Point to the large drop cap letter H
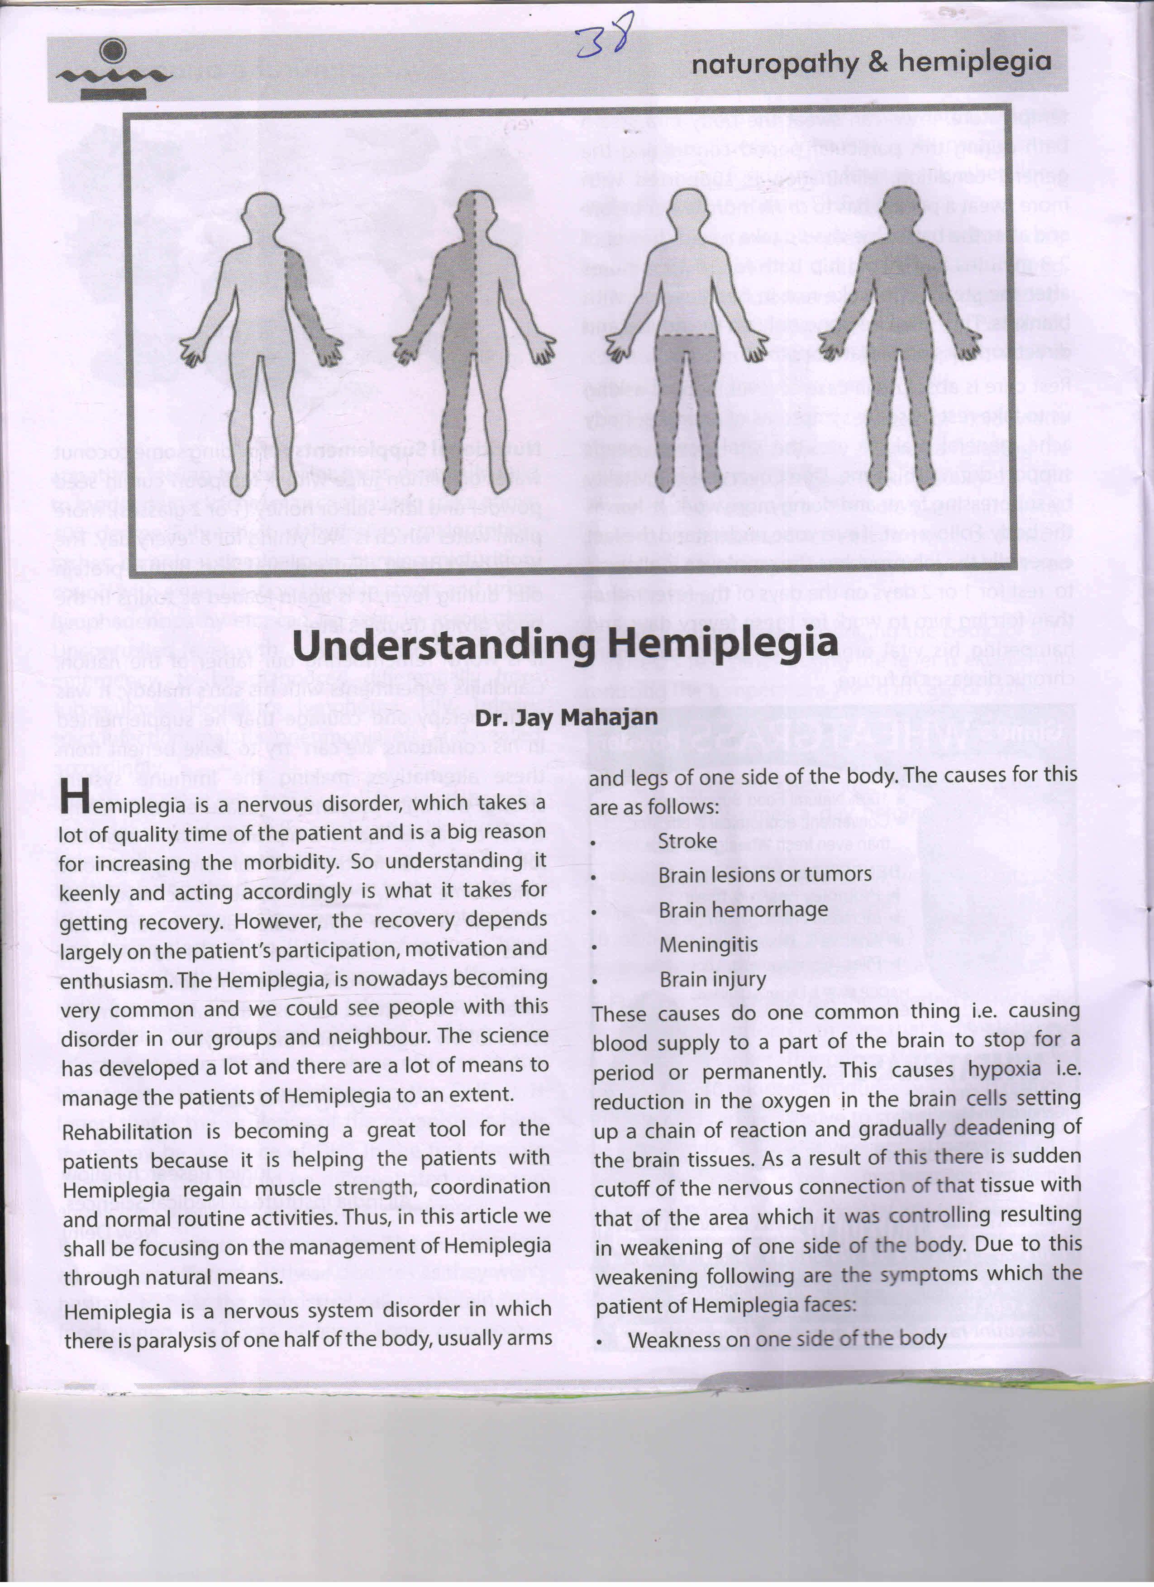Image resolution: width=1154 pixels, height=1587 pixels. point(74,797)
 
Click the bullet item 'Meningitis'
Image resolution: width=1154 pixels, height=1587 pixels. point(708,944)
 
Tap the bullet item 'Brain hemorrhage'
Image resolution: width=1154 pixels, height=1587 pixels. point(743,910)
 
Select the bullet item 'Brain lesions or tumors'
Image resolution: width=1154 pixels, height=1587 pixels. point(764,875)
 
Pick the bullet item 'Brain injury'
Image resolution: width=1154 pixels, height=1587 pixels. point(712,979)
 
